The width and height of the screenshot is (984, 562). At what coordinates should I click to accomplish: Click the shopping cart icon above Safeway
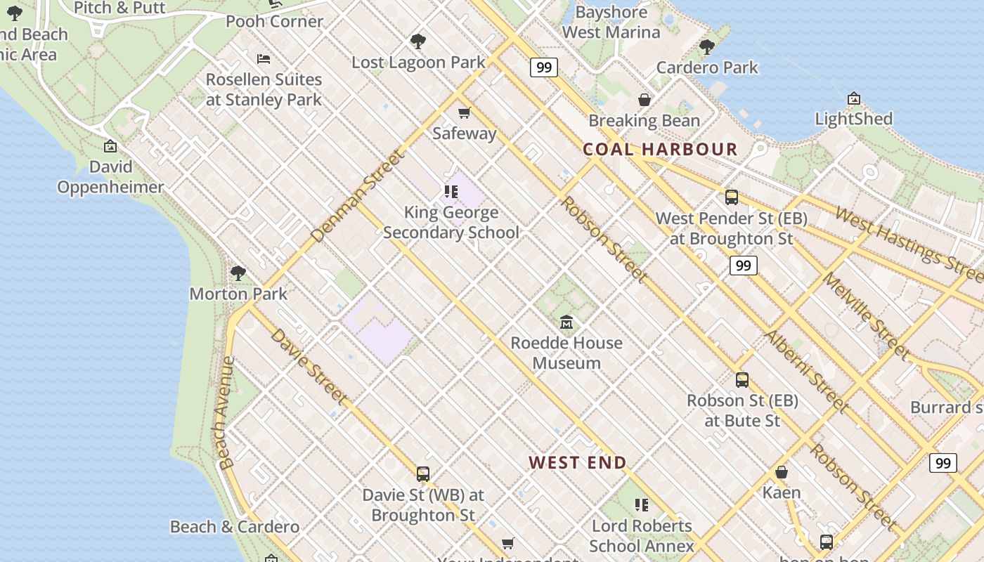click(464, 112)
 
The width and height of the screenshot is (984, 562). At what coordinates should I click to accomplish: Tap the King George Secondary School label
click(451, 222)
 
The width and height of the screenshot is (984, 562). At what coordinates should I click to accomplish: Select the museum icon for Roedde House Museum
click(567, 322)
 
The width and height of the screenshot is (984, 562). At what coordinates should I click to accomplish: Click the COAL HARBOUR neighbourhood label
click(660, 149)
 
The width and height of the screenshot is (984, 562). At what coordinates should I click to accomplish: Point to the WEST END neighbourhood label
click(577, 462)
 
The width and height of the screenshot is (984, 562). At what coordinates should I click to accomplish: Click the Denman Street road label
click(358, 195)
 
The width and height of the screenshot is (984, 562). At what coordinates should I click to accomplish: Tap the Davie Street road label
click(309, 366)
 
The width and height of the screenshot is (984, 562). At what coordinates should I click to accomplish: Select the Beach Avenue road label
click(226, 412)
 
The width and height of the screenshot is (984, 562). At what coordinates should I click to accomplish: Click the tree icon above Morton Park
click(238, 273)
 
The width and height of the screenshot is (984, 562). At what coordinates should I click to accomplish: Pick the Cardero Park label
click(706, 67)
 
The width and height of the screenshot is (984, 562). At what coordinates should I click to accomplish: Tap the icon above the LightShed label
click(853, 98)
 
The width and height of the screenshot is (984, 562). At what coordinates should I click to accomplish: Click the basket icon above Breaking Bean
click(644, 100)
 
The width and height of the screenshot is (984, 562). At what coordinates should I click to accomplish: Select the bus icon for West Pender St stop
click(731, 197)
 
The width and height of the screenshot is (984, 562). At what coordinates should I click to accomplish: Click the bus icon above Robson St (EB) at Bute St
click(742, 380)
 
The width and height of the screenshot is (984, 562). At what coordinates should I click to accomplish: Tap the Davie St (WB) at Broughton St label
click(423, 504)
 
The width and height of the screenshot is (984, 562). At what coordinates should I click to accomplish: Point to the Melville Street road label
click(865, 316)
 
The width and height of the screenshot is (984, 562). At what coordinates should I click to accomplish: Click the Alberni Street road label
click(805, 371)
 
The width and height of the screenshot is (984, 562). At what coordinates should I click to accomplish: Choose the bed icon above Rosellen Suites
click(264, 59)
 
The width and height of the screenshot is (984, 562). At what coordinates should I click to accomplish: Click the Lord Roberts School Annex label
click(641, 535)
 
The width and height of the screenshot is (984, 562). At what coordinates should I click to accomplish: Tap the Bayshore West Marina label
click(611, 22)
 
